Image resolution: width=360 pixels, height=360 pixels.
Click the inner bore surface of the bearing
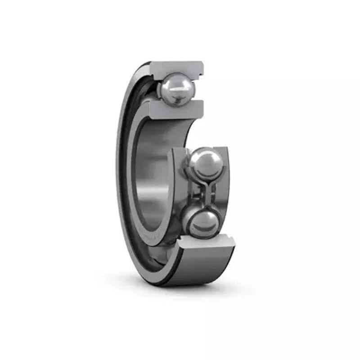coord(153,180)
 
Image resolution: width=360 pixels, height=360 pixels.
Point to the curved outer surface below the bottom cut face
coord(198,270)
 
